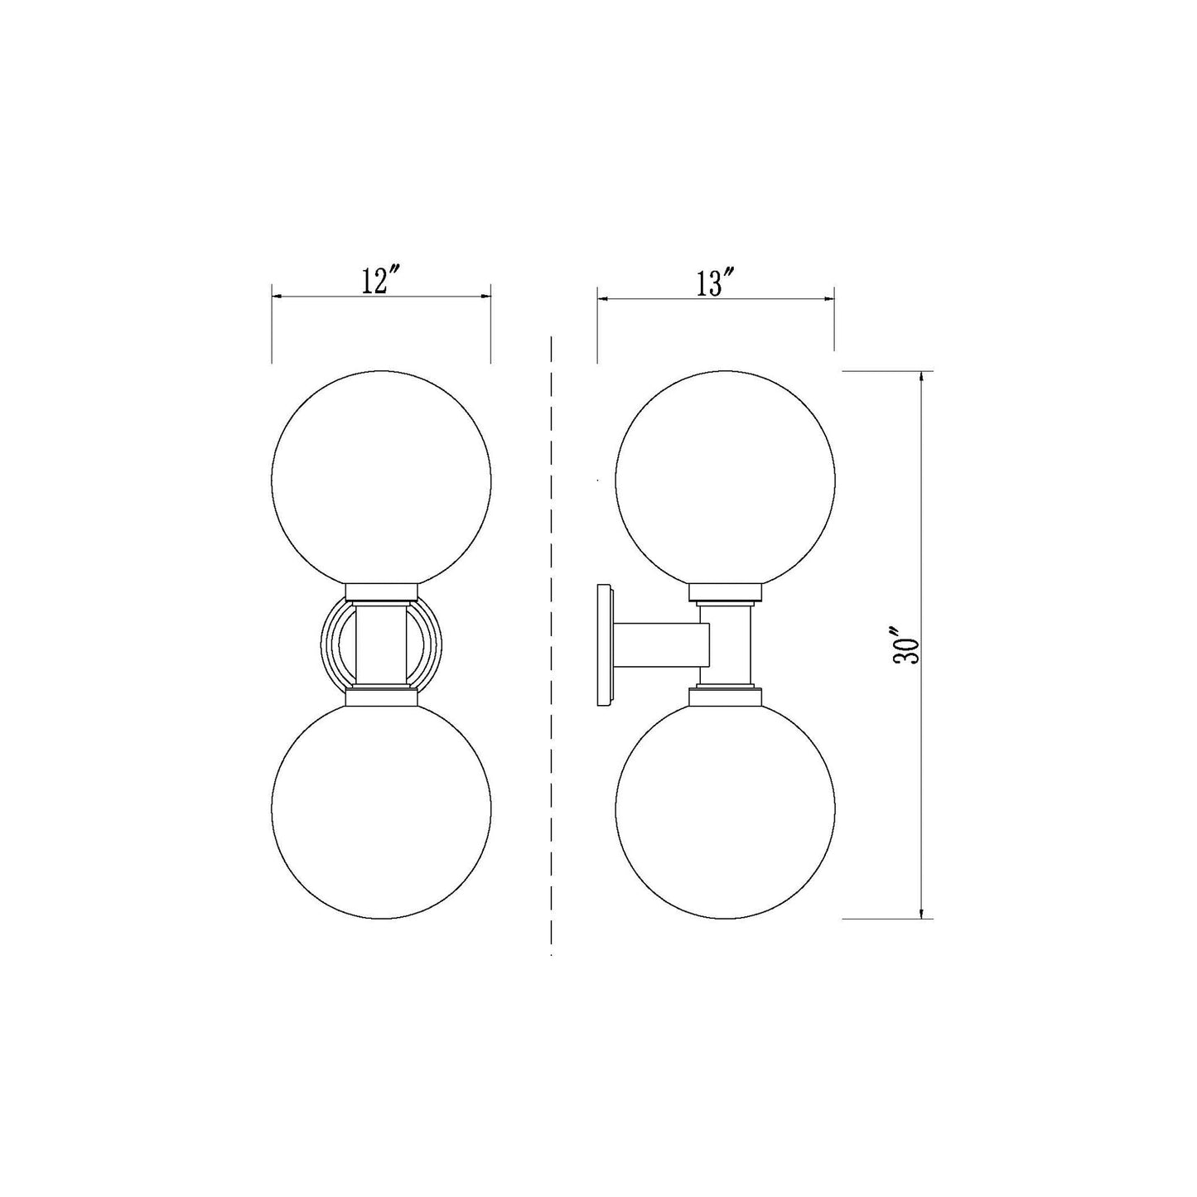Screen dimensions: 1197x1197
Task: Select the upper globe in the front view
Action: (x=381, y=479)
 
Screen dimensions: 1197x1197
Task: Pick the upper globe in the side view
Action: (x=725, y=479)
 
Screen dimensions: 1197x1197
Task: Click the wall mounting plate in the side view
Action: (x=604, y=645)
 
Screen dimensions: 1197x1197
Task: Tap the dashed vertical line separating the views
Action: (x=552, y=646)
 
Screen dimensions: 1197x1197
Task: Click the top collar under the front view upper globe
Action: (x=381, y=591)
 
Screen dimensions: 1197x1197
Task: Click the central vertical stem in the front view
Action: (x=381, y=644)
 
